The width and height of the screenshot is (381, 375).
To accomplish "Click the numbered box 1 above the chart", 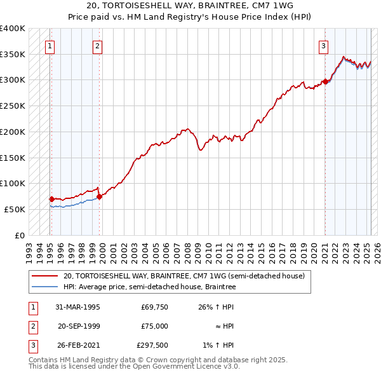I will pyautogui.click(x=50, y=45).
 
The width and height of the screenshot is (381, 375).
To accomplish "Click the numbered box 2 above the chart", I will pyautogui.click(x=97, y=45).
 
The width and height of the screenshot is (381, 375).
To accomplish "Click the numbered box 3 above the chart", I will pyautogui.click(x=323, y=45).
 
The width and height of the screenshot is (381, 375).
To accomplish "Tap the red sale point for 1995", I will pyautogui.click(x=51, y=199).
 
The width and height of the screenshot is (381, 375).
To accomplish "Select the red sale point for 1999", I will pyautogui.click(x=99, y=196).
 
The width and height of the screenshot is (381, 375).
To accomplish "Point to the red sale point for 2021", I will pyautogui.click(x=324, y=81).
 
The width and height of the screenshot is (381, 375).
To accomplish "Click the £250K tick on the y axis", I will pyautogui.click(x=13, y=106).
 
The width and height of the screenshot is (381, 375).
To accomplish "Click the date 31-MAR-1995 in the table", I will pyautogui.click(x=78, y=307).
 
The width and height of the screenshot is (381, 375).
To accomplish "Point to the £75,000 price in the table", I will pyautogui.click(x=154, y=326).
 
